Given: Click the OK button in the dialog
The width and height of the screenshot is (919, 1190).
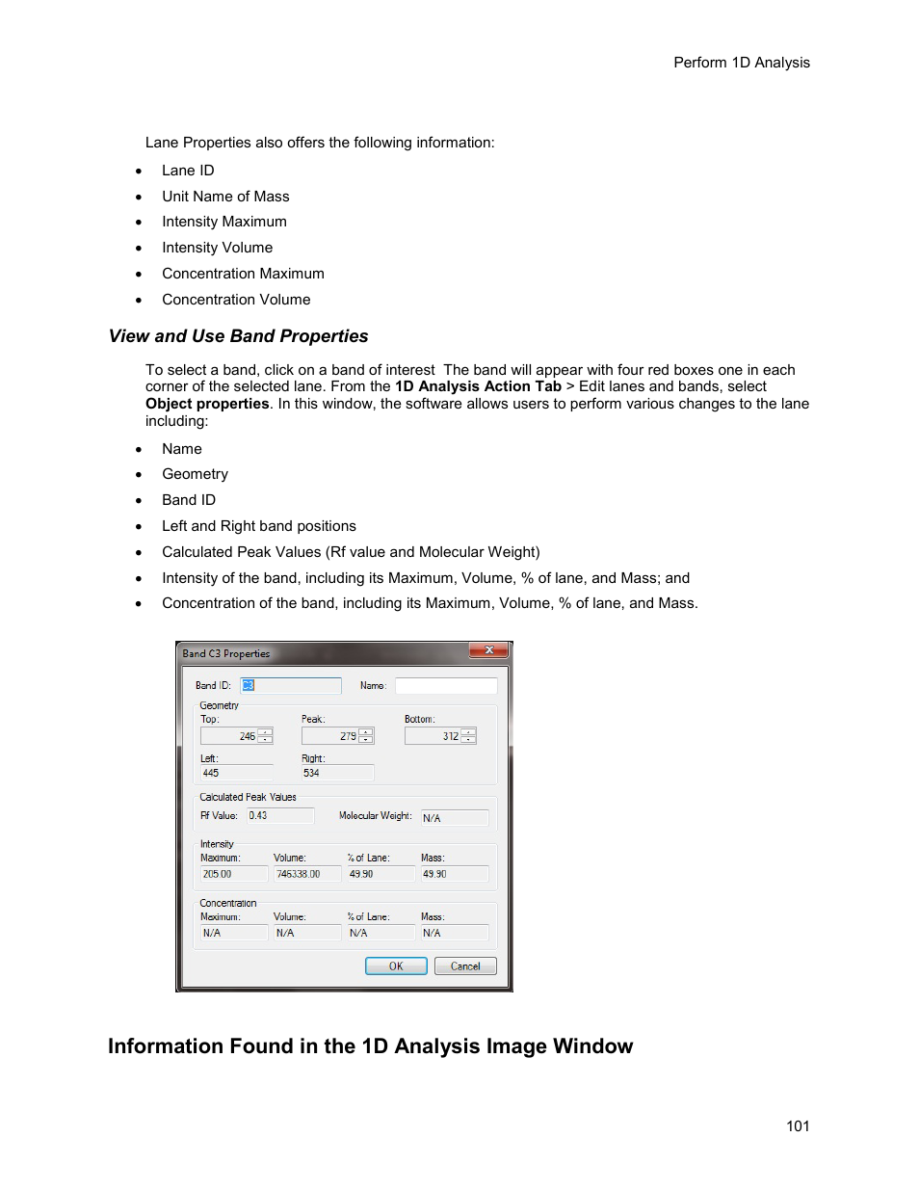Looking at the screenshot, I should pos(396,965).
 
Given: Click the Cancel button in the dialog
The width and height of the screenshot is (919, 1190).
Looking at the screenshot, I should pos(465,965).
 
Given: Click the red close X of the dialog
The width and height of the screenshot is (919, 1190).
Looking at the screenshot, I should pos(489,650).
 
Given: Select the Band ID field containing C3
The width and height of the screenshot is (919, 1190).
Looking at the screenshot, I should pos(291,685).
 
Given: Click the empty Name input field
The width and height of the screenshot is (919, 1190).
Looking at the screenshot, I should pos(446,685).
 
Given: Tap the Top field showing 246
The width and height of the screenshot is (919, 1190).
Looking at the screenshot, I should pos(229,736).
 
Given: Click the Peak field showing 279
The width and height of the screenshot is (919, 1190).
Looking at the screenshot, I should pos(330,736).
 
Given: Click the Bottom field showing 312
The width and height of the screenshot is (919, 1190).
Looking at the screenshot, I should pos(433,736).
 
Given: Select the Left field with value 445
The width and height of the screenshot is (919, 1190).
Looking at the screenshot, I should pos(236,773).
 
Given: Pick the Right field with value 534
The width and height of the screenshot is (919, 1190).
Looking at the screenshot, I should pos(336,773).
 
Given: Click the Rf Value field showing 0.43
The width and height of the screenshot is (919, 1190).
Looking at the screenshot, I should pos(279,816).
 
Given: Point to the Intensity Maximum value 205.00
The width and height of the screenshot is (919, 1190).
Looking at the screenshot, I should pos(233,874).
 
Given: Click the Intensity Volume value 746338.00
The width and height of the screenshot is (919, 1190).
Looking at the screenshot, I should pos(306,874).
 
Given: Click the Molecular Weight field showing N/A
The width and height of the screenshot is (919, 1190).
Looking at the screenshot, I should pos(454,818).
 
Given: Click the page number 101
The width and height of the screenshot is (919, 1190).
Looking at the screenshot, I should pos(798,1126).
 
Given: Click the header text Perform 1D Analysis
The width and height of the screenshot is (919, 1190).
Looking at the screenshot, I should pos(741,63).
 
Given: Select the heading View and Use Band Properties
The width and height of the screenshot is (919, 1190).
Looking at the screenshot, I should pos(238,336).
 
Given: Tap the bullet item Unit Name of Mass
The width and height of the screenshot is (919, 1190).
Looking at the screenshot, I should pos(225,197).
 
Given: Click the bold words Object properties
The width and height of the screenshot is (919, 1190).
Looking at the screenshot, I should pos(207,404).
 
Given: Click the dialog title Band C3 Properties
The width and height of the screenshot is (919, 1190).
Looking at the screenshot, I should pos(226,653).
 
